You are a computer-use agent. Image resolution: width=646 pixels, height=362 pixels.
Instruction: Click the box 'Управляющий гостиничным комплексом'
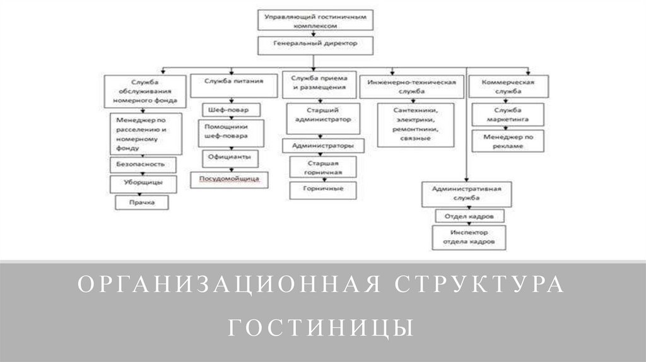315,19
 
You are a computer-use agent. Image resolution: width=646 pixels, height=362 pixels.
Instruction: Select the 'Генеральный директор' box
315,45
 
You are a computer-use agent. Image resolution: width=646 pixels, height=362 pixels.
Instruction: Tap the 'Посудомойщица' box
230,179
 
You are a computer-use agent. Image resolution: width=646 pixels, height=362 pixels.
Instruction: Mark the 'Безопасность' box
141,164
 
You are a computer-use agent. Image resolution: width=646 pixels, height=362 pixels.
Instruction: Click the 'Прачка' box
141,202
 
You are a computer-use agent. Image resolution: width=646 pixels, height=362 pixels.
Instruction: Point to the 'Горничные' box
322,189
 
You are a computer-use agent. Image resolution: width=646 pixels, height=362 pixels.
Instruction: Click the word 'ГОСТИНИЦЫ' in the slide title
322,328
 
